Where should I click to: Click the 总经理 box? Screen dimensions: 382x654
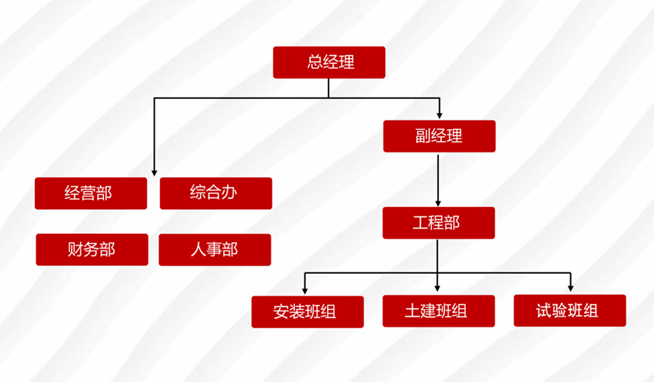(328, 62)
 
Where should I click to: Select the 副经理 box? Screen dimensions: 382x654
(439, 136)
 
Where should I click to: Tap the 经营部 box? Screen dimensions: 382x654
(91, 193)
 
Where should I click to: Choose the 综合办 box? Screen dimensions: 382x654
(216, 193)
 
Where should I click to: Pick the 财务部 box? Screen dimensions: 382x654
(92, 250)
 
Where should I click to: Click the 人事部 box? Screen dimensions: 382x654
(214, 250)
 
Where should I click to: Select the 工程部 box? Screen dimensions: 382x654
(439, 223)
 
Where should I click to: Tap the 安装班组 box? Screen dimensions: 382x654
(307, 312)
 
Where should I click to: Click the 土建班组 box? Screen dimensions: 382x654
(438, 311)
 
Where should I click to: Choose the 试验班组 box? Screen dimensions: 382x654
(569, 311)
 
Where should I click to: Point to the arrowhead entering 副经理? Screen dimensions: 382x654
(439, 115)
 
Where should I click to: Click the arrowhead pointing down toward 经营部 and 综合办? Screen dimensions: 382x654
(154, 171)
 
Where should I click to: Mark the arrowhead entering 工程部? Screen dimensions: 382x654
(437, 203)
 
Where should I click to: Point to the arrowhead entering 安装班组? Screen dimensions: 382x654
(305, 290)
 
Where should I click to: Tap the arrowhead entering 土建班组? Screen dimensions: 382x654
(437, 290)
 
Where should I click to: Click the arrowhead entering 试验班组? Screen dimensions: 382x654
(570, 290)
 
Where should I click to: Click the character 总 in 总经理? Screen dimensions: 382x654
(315, 62)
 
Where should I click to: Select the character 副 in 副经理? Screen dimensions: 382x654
(424, 136)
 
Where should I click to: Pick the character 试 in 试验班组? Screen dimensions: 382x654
(545, 311)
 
